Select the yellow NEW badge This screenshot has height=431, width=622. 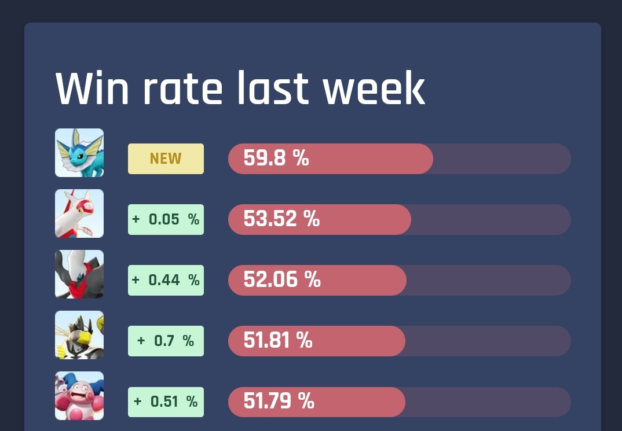click(166, 159)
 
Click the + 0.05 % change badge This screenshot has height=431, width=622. click(166, 219)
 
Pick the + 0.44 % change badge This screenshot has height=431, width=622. click(166, 280)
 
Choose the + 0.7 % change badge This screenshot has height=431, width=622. click(166, 341)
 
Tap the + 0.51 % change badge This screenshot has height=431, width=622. click(166, 401)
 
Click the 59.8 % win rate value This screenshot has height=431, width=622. click(276, 158)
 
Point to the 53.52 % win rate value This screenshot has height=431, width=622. click(281, 219)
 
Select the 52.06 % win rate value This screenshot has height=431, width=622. click(282, 279)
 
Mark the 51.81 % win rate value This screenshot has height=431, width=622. click(278, 340)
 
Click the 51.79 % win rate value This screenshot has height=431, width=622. click(279, 401)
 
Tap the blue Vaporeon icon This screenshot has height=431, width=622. click(79, 153)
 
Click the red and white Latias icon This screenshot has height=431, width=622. click(79, 213)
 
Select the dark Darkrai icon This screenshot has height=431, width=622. click(79, 274)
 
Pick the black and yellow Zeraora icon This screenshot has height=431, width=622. click(79, 335)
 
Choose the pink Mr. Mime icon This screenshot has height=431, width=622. click(79, 396)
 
